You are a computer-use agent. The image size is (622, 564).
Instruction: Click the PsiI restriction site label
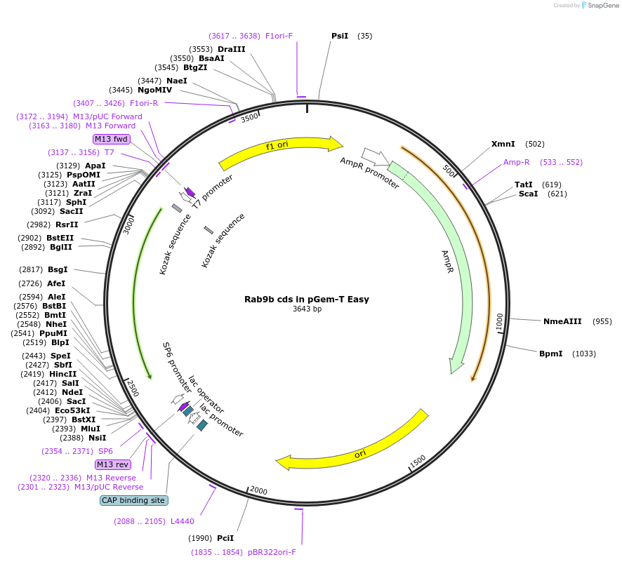(x=340, y=36)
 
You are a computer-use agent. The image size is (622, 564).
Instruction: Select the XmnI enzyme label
(x=503, y=144)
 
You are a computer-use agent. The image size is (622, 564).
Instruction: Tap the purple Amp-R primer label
(x=516, y=162)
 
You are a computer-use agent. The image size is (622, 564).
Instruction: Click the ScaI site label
(x=528, y=194)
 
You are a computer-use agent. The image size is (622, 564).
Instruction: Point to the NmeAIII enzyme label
(x=562, y=321)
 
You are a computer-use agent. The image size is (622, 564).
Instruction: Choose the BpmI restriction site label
(x=550, y=354)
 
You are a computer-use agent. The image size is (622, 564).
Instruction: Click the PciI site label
(x=225, y=538)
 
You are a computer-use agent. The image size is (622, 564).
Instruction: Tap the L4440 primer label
(x=183, y=521)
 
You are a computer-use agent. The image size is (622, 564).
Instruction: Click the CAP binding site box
(x=133, y=500)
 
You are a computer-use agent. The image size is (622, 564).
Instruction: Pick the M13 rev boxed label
(x=112, y=464)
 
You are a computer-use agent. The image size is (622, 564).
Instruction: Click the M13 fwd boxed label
(x=112, y=139)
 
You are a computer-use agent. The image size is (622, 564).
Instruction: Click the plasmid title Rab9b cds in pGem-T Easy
(x=307, y=299)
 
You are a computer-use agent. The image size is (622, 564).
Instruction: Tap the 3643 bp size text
(x=307, y=309)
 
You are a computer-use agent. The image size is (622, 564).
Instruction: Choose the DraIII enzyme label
(x=231, y=49)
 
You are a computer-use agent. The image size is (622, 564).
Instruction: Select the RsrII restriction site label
(x=67, y=224)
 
